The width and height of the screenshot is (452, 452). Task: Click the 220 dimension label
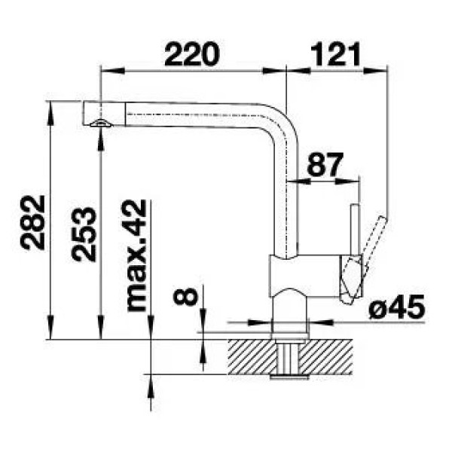[191, 53]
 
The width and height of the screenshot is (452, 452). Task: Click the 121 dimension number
[336, 53]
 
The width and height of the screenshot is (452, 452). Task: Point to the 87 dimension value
[325, 164]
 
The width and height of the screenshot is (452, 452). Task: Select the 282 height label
[33, 222]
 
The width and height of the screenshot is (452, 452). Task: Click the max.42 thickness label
[137, 255]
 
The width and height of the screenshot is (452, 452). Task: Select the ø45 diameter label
[397, 307]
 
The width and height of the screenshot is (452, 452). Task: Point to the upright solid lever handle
[355, 229]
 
